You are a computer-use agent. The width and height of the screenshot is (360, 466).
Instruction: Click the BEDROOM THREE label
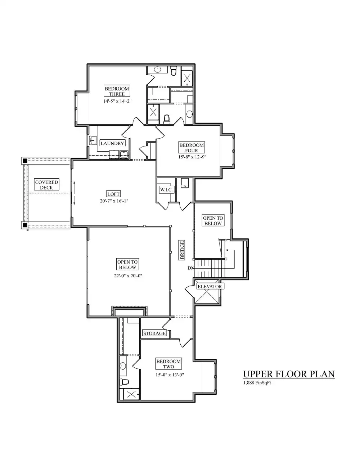(117, 91)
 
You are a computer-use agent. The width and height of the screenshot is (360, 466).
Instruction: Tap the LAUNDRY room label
(112, 143)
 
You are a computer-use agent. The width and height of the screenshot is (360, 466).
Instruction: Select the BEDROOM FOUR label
(192, 148)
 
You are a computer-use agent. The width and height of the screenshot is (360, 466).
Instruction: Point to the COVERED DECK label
(46, 185)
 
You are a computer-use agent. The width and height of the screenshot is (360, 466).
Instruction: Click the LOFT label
(113, 194)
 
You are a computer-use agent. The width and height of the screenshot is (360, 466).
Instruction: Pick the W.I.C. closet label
(166, 190)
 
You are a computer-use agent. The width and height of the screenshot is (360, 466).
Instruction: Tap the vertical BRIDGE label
(182, 250)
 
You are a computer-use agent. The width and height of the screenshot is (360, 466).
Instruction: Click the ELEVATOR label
(209, 287)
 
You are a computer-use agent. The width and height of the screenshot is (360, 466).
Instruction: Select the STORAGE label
(154, 333)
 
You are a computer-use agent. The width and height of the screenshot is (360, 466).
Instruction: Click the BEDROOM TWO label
(168, 364)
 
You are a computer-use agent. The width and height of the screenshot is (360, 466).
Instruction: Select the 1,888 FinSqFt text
(257, 383)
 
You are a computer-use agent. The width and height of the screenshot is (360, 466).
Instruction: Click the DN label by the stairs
(191, 268)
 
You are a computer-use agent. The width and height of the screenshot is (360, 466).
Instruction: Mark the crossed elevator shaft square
(208, 297)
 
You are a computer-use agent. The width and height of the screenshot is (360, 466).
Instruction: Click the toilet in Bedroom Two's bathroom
(124, 382)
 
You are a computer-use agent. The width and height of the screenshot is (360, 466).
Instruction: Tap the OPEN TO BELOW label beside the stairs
(213, 221)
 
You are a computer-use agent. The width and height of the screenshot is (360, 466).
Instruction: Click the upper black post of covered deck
(25, 161)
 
